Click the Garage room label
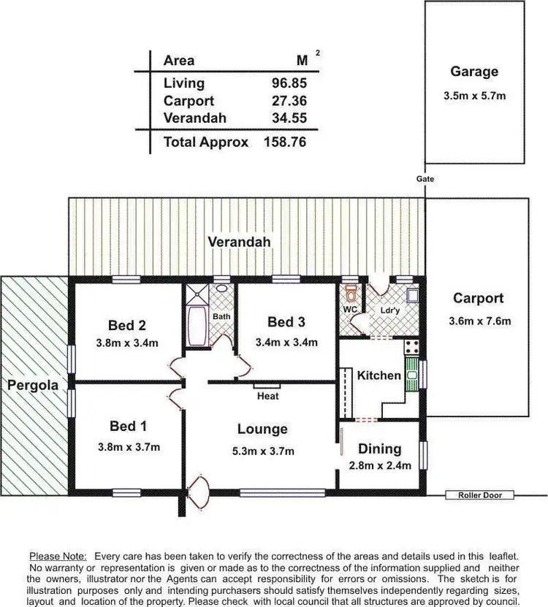pyautogui.click(x=474, y=72)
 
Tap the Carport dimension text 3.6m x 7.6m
pyautogui.click(x=479, y=321)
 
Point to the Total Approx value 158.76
pyautogui.click(x=284, y=142)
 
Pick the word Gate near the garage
pyautogui.click(x=425, y=179)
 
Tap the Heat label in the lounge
pyautogui.click(x=267, y=396)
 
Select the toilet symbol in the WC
pyautogui.click(x=351, y=294)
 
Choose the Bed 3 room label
pyautogui.click(x=286, y=322)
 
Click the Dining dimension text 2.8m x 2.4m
pyautogui.click(x=380, y=465)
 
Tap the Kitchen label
pyautogui.click(x=378, y=375)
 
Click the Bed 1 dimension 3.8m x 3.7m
pyautogui.click(x=129, y=447)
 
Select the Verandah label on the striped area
pyautogui.click(x=239, y=242)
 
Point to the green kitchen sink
pyautogui.click(x=412, y=375)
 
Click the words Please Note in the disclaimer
pyautogui.click(x=58, y=556)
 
